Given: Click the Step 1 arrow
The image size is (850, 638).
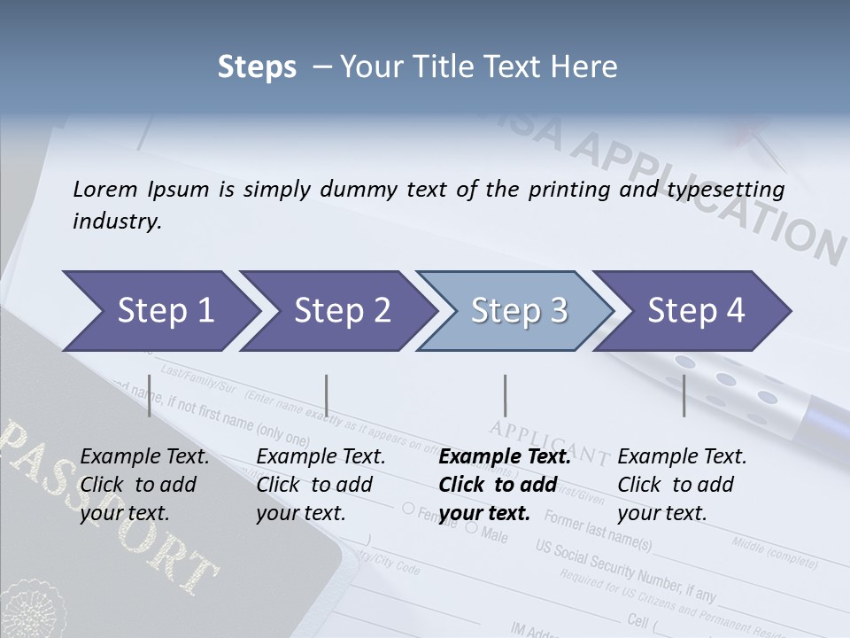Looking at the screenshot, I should pyautogui.click(x=159, y=311).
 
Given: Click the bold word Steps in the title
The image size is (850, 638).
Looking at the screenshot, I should pyautogui.click(x=257, y=67).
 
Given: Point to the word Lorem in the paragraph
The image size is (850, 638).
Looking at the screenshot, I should pyautogui.click(x=105, y=189).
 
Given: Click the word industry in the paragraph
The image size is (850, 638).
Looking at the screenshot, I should pyautogui.click(x=117, y=222).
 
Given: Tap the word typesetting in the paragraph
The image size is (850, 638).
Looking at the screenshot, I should pyautogui.click(x=720, y=189).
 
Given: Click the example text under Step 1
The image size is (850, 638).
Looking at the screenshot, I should pyautogui.click(x=144, y=485).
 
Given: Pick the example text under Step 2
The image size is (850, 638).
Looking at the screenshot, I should pyautogui.click(x=321, y=485).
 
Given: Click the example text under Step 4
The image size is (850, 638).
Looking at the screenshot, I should pyautogui.click(x=682, y=485).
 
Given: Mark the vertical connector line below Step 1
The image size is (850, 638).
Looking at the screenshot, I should pyautogui.click(x=149, y=396).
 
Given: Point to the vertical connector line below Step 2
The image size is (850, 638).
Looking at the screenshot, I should pyautogui.click(x=327, y=396).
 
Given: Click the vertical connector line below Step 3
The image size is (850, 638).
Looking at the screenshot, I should pyautogui.click(x=505, y=396).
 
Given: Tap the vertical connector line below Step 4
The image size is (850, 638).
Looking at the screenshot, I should pyautogui.click(x=684, y=396).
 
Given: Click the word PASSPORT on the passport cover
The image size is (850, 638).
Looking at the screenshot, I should pyautogui.click(x=106, y=505).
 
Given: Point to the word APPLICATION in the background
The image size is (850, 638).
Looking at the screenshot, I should pyautogui.click(x=708, y=191).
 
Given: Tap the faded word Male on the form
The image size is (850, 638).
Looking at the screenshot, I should pyautogui.click(x=494, y=535).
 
